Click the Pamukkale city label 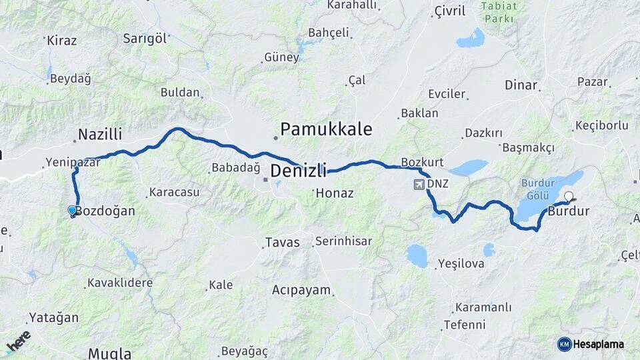326,129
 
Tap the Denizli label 298,171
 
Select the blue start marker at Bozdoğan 72,211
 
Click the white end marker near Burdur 569,197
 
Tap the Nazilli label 100,135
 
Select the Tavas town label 282,242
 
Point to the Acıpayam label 301,290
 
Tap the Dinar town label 521,85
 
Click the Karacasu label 174,192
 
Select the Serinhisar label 343,241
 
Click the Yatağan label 53,318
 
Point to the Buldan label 180,93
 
